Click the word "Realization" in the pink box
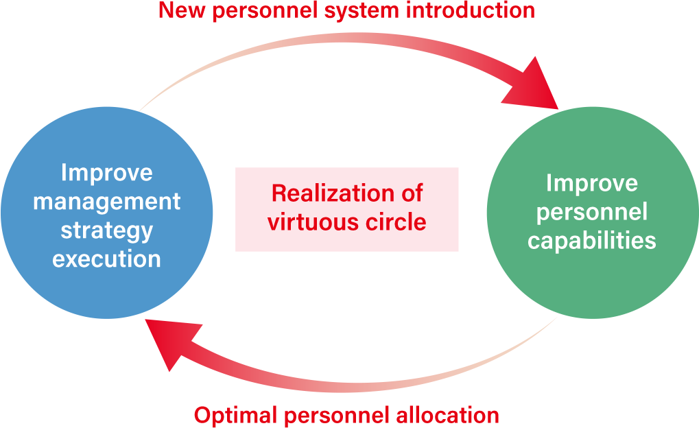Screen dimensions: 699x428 [333, 193]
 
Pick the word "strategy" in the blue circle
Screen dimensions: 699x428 [106, 231]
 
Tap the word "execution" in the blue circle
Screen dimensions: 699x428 [106, 259]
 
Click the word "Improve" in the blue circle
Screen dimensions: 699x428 [106, 174]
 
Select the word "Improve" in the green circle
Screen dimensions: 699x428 [592, 184]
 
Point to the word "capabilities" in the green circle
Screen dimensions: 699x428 [592, 241]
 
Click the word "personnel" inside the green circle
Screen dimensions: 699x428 [592, 213]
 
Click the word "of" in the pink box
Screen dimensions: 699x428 [412, 193]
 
